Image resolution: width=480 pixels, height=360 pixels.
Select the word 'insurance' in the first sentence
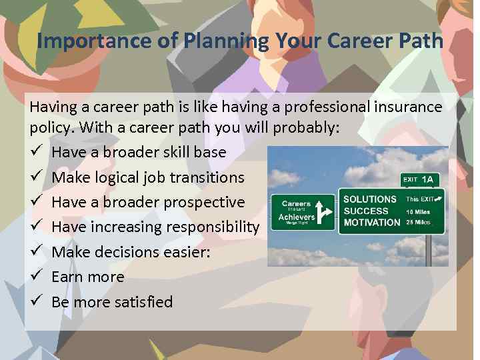click(408, 107)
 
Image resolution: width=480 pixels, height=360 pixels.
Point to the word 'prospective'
click(204, 202)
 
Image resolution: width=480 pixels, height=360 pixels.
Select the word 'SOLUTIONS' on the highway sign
click(370, 199)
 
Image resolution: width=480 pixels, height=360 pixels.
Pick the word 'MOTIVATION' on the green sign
click(371, 223)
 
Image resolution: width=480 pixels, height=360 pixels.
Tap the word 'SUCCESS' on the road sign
click(365, 211)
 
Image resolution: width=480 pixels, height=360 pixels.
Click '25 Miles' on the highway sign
click(419, 222)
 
